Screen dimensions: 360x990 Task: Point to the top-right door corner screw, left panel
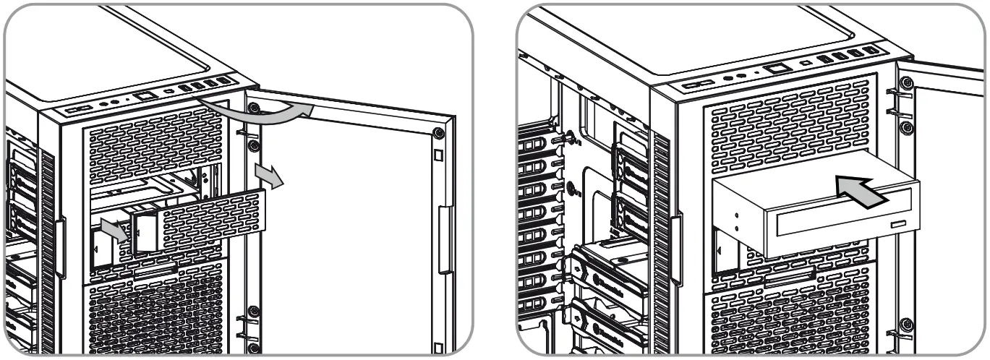[439, 134]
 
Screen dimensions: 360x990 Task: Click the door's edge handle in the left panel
[445, 239]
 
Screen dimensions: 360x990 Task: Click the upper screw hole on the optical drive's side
[735, 215]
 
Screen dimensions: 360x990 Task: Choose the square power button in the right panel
[778, 69]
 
